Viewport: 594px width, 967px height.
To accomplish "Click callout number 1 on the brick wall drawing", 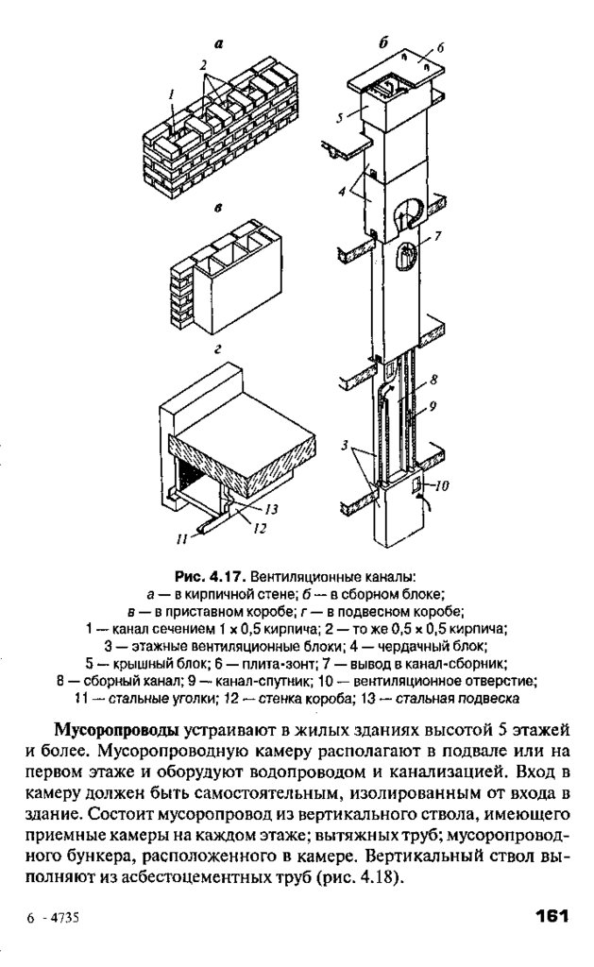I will point(171,93).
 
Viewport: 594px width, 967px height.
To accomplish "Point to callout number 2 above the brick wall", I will point(201,62).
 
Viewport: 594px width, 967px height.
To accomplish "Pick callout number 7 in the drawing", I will point(439,234).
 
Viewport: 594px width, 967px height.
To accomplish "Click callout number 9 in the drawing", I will point(434,409).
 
